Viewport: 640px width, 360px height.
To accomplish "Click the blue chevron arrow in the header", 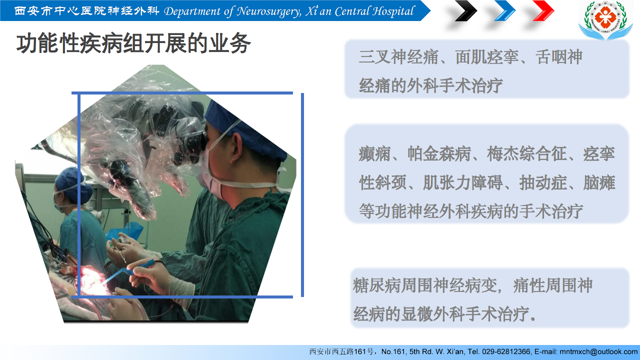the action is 505,10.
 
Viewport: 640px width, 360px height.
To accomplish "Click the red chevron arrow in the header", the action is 543,10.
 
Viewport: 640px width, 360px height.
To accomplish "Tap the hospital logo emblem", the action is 605,19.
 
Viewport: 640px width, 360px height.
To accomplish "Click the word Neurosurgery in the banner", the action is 268,11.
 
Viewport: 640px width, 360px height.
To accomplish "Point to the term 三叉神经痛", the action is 399,57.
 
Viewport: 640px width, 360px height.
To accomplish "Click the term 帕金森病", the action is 439,153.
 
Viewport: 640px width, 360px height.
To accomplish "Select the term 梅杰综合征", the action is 527,153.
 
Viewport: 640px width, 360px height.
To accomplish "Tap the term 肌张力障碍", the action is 463,182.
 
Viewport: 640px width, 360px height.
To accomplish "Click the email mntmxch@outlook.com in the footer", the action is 598,351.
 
